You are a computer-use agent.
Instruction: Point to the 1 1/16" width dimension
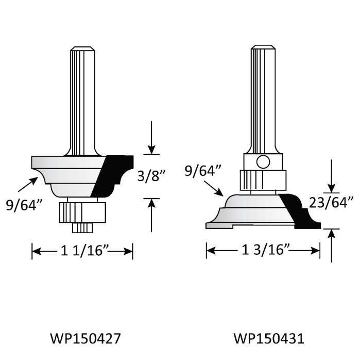click(83, 252)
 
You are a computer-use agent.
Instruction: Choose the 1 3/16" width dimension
click(263, 252)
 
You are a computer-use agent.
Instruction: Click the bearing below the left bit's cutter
click(82, 211)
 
